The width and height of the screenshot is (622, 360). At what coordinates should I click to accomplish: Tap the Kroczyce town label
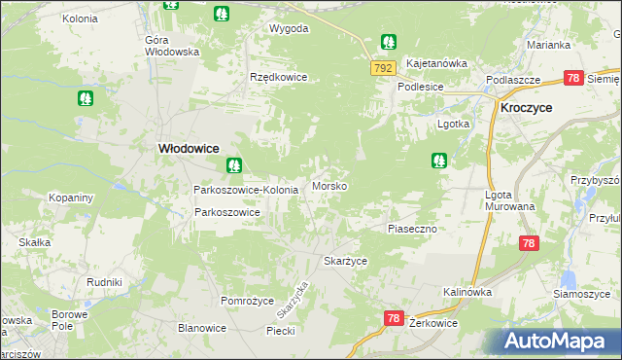pos(527,109)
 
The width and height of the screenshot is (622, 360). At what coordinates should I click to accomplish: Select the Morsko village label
pos(329,185)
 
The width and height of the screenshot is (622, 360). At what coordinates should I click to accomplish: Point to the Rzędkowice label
pos(278,77)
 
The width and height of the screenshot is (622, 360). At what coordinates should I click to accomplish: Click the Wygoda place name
pos(289,28)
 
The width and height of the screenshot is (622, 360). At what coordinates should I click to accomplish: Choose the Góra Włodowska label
pos(171,46)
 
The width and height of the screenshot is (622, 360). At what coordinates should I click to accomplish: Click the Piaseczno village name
pos(417,228)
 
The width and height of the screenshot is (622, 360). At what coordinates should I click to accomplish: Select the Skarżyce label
pos(345,261)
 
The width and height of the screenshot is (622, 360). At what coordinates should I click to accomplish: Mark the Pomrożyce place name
pos(248,301)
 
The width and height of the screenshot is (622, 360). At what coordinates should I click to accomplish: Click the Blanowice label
pos(202,328)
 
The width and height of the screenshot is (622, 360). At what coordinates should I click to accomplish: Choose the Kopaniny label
pos(71,198)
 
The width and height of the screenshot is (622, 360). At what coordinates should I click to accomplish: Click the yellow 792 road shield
pos(382,67)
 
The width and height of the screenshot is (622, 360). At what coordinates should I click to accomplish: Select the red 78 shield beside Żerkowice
pos(394,317)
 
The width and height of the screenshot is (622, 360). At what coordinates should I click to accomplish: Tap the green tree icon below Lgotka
pos(439,160)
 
